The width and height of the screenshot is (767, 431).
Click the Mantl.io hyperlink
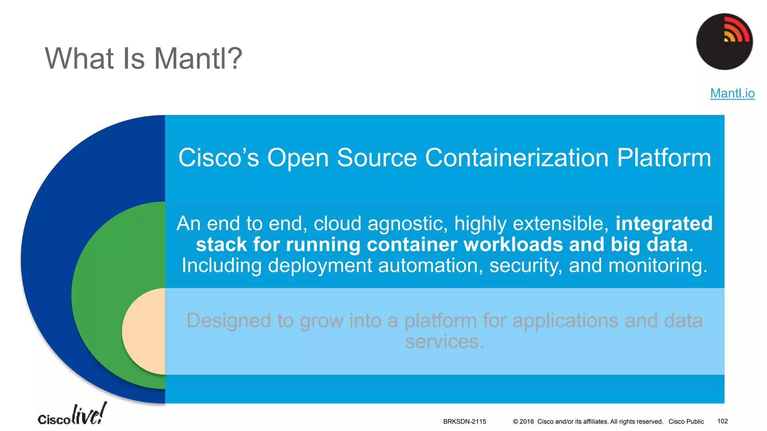732,93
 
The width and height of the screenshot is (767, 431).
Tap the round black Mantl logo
724,42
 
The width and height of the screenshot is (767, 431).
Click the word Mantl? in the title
198,59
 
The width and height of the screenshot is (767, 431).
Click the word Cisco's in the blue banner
218,158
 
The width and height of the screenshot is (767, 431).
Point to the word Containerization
516,158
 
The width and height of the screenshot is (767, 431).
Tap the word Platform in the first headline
664,158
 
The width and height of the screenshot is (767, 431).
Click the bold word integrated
664,223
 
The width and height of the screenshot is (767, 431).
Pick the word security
525,266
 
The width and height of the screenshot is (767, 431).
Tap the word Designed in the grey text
228,321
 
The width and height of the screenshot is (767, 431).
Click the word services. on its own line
445,342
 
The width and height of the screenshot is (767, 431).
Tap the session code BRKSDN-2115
464,422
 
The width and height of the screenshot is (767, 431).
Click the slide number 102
722,421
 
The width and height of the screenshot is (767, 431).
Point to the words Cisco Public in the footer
686,422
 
